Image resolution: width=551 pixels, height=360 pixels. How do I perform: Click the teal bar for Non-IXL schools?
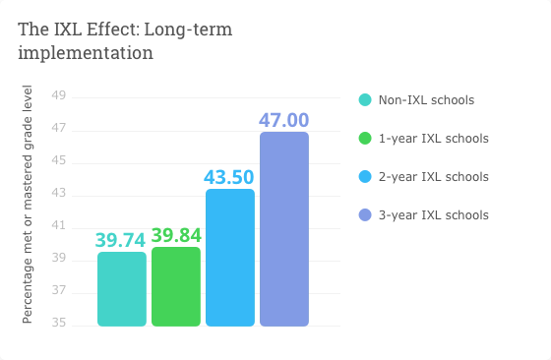point(122,289)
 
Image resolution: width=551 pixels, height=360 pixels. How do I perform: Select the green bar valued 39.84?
point(176,286)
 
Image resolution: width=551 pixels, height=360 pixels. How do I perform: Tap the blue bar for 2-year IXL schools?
point(230,258)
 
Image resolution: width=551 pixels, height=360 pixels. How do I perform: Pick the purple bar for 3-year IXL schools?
point(284,229)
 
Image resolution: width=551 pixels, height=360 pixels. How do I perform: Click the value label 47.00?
point(284,120)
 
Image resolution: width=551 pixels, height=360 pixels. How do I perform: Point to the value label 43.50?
point(230,177)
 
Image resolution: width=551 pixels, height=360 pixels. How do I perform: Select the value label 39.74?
point(122,240)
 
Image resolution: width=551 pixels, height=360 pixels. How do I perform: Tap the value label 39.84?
point(176,235)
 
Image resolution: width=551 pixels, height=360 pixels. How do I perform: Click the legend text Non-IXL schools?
point(426,100)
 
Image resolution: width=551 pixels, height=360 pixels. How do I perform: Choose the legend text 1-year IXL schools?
point(433,139)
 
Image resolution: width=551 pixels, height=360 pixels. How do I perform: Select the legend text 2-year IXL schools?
point(433,177)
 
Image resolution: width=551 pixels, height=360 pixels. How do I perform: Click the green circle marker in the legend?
point(365,139)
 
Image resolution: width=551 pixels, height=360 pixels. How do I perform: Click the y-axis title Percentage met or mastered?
point(28,204)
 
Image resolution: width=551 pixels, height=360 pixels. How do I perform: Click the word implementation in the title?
point(86,53)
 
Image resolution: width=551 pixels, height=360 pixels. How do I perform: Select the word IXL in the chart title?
point(67,30)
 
